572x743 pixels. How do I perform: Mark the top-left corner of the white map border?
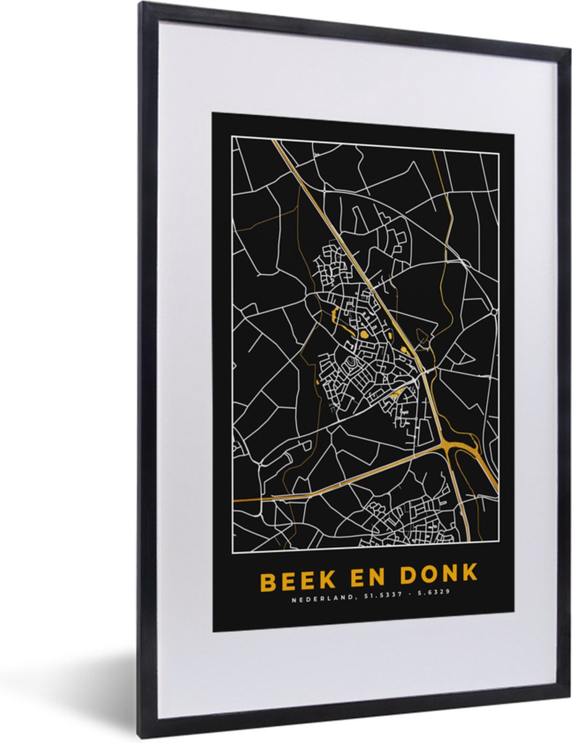coord(233,136)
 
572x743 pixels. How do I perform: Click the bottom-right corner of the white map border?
coord(498,550)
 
